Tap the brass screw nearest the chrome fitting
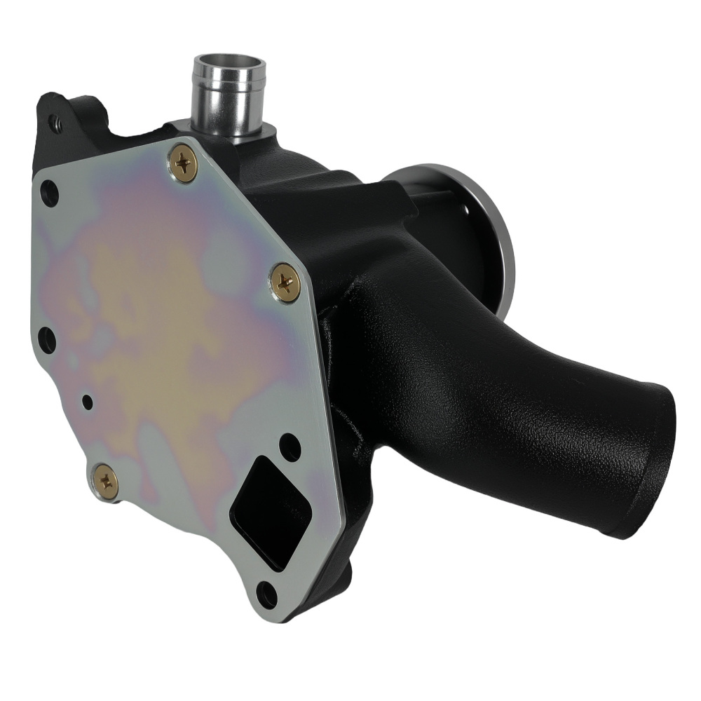184,163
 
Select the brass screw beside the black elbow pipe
285,283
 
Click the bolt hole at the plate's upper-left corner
49,192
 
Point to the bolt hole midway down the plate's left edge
46,340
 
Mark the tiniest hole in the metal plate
87,402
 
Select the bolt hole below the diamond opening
267,594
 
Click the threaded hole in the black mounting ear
55,125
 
